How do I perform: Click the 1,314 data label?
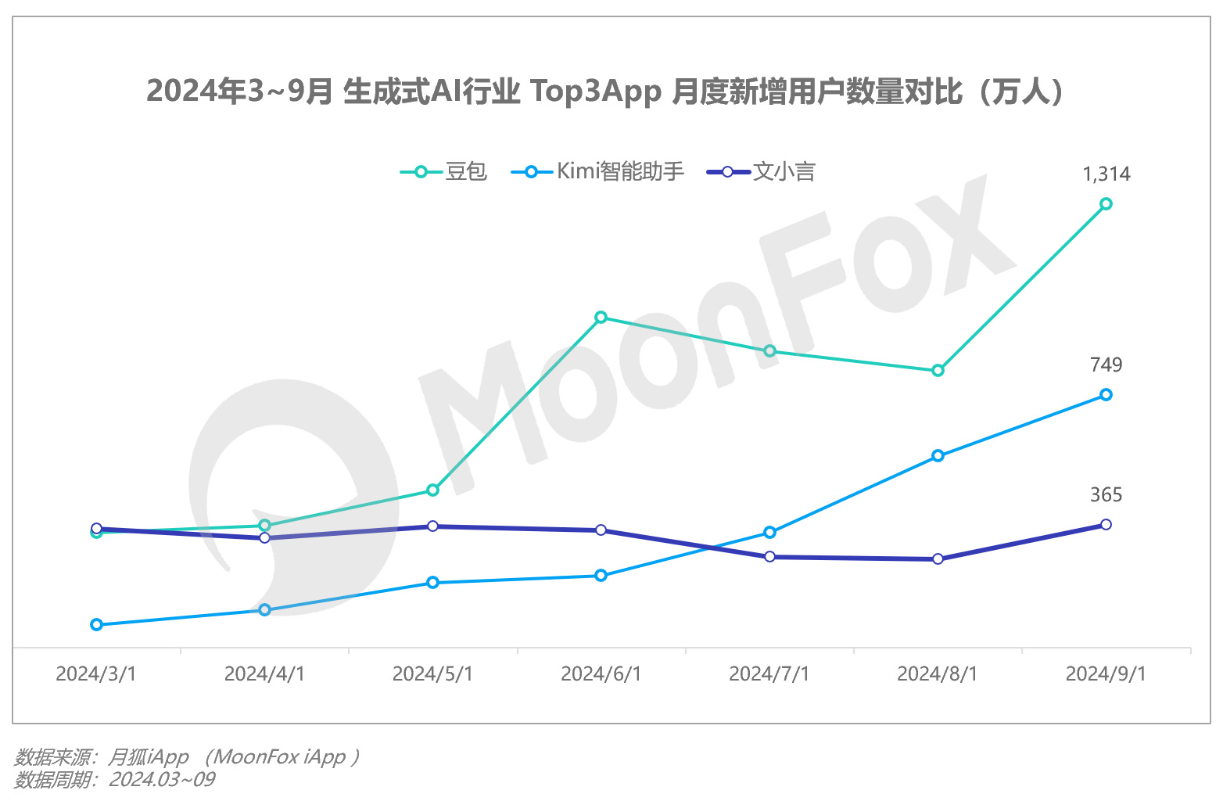click(1106, 174)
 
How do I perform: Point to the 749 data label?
click(1106, 365)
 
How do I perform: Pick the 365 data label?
click(1106, 494)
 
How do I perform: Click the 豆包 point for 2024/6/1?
click(601, 318)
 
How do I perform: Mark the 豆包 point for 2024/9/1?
click(1106, 204)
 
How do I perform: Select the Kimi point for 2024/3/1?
click(96, 624)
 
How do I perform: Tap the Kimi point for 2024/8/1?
click(938, 455)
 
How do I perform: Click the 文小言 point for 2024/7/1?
click(769, 556)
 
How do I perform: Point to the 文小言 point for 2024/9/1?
click(1106, 524)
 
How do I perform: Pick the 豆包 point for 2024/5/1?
click(432, 490)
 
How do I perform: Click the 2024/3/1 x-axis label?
click(96, 673)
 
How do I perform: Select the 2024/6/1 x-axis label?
click(601, 673)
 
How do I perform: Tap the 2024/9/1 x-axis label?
click(1106, 673)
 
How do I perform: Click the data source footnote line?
click(188, 756)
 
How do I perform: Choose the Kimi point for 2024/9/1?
click(1106, 395)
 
